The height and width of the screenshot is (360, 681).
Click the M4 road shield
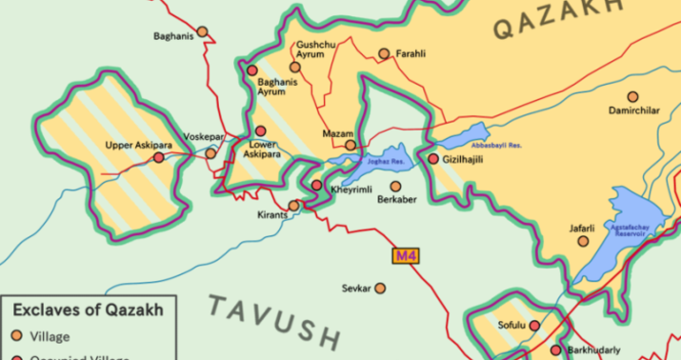pyautogui.click(x=406, y=255)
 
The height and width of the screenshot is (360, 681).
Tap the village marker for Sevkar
pyautogui.click(x=380, y=288)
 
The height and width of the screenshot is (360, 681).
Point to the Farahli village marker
pyautogui.click(x=384, y=54)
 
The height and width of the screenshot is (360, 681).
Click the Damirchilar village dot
pyautogui.click(x=632, y=97)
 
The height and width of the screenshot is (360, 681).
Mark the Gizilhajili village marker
pyautogui.click(x=433, y=160)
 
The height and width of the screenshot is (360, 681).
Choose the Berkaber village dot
pyautogui.click(x=395, y=187)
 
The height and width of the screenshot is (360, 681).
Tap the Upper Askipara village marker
pyautogui.click(x=158, y=158)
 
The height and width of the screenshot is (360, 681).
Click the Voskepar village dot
pyautogui.click(x=211, y=152)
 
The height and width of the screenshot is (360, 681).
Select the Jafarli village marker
pyautogui.click(x=583, y=241)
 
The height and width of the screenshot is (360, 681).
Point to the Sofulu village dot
pyautogui.click(x=533, y=326)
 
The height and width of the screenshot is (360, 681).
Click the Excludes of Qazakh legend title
pyautogui.click(x=88, y=310)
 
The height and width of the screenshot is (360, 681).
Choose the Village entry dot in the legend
pyautogui.click(x=17, y=336)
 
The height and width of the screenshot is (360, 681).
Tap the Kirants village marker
pyautogui.click(x=294, y=205)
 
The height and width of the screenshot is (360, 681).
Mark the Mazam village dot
pyautogui.click(x=351, y=146)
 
